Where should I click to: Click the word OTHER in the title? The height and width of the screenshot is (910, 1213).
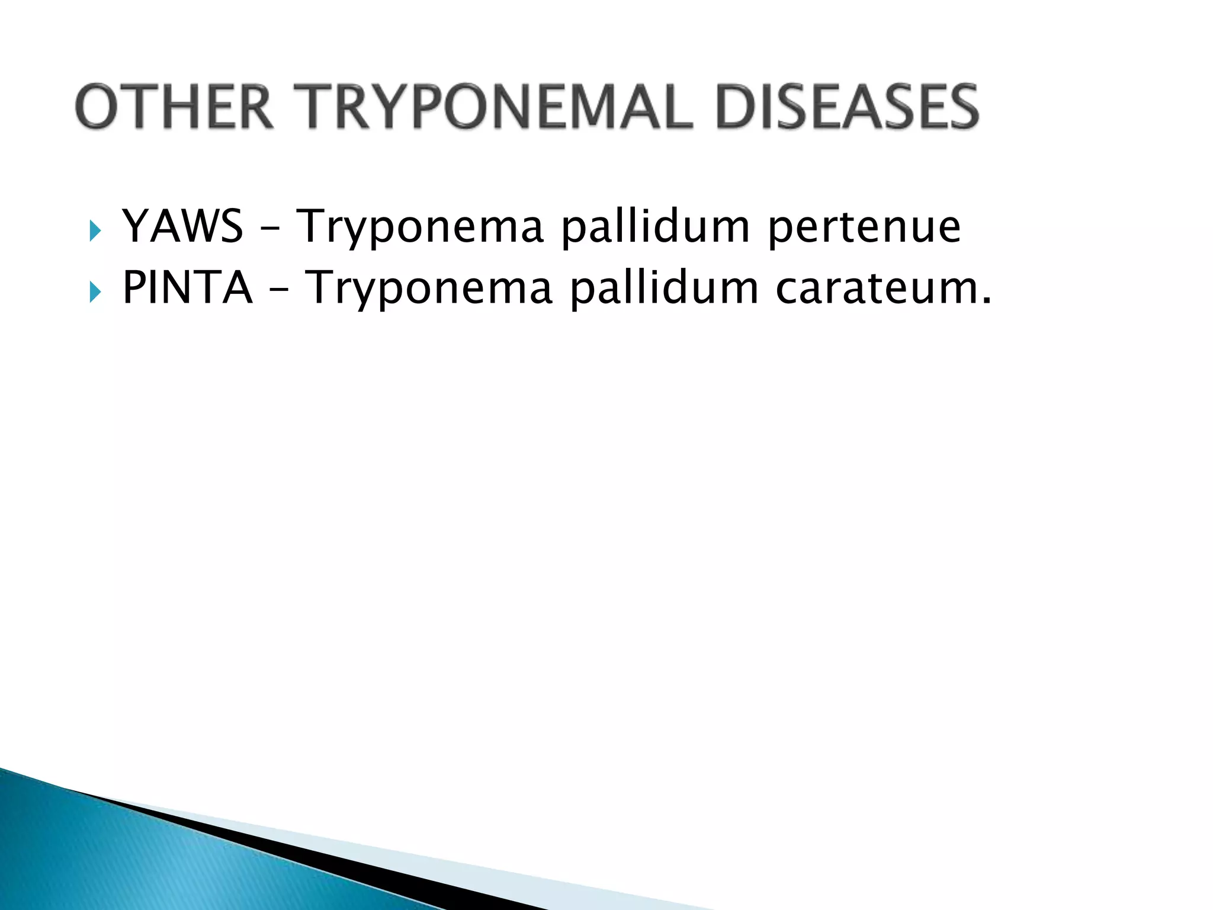tap(174, 107)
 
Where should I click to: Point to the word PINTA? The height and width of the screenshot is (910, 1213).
tap(187, 287)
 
